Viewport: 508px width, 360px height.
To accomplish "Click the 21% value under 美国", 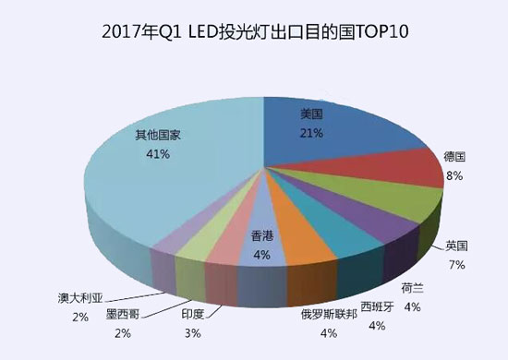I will [x=310, y=134].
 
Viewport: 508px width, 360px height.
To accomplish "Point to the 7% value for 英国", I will [x=455, y=265].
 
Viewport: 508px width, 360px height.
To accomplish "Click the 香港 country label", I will [x=262, y=236].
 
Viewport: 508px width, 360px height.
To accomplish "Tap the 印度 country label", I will [x=192, y=315].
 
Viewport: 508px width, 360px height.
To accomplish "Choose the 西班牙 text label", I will [x=377, y=306].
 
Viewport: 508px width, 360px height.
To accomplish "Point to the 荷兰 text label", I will [x=412, y=287].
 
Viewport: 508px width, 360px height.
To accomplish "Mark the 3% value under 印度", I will [x=192, y=332].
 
